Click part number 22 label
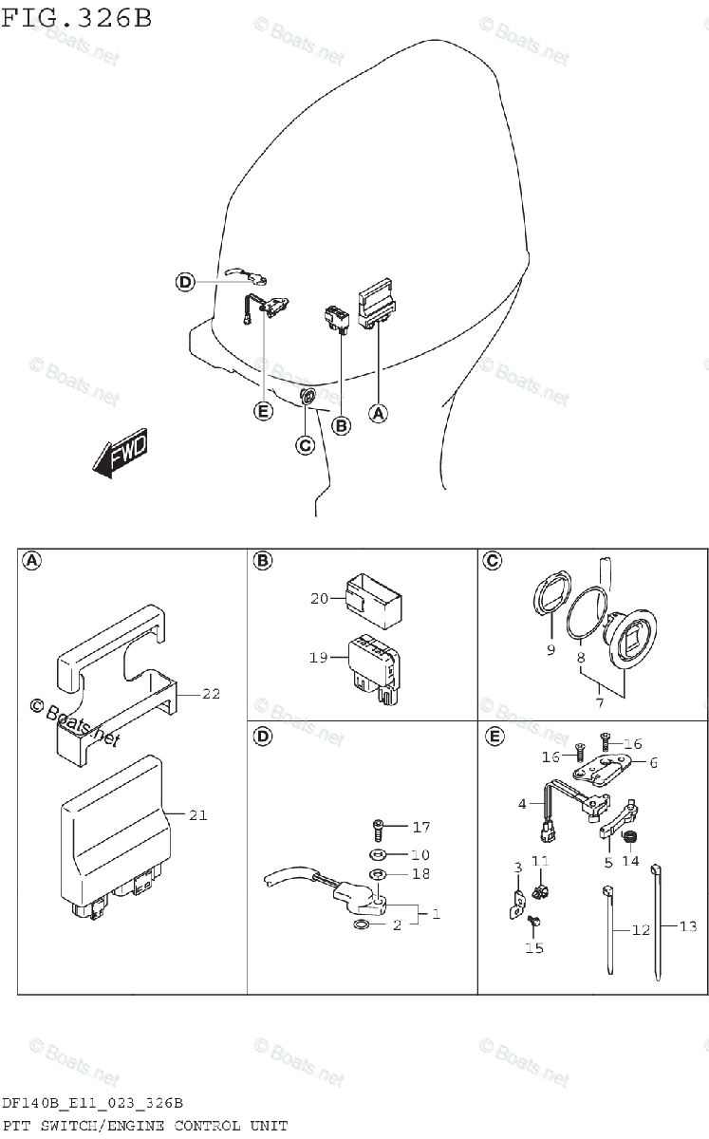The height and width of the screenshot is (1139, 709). pyautogui.click(x=210, y=694)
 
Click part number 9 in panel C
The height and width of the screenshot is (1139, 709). pyautogui.click(x=550, y=650)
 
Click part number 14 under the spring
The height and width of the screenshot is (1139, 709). pyautogui.click(x=630, y=862)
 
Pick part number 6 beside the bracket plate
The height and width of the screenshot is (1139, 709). pyautogui.click(x=653, y=762)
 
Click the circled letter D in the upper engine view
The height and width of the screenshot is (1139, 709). pyautogui.click(x=184, y=281)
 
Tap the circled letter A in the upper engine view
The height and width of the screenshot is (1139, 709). pyautogui.click(x=378, y=413)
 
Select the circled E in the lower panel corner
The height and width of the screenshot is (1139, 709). pyautogui.click(x=494, y=736)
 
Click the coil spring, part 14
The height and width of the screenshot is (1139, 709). pyautogui.click(x=626, y=835)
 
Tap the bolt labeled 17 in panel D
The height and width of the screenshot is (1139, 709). pyautogui.click(x=378, y=827)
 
